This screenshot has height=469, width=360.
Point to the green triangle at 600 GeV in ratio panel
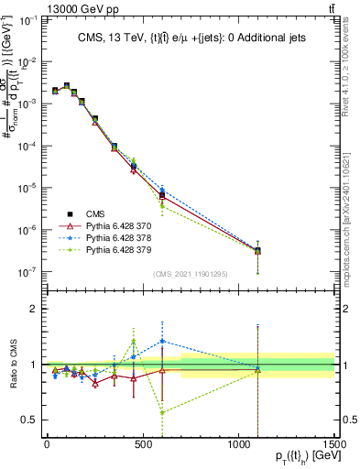pos(162,412)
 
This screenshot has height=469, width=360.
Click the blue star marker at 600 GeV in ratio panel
pos(162,341)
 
